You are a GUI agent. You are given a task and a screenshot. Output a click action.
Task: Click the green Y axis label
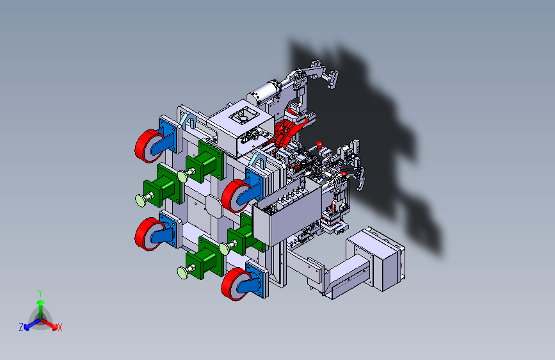click(40, 293)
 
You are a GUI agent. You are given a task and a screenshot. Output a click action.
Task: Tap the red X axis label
click(60, 328)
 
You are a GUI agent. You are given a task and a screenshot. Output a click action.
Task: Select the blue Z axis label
click(21, 327)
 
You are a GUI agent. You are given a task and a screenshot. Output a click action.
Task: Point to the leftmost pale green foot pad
click(141, 200)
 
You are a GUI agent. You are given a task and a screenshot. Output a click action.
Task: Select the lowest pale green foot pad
click(183, 273)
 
